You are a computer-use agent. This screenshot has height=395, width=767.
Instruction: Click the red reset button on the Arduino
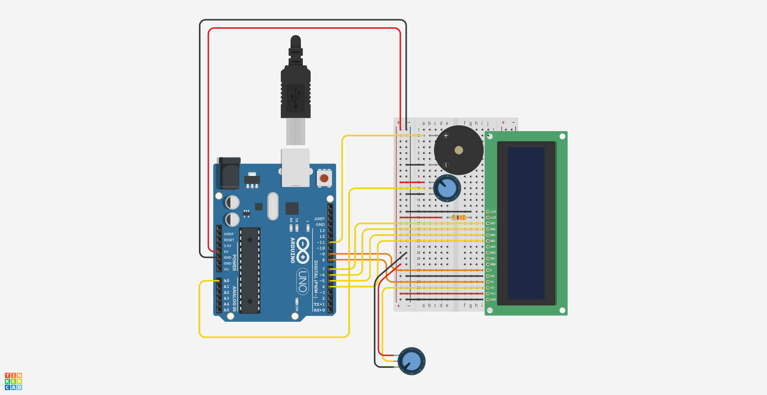(x=324, y=178)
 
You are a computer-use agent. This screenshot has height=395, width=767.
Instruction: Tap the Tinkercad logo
(x=13, y=381)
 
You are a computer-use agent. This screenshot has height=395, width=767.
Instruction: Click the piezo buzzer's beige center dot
(x=459, y=150)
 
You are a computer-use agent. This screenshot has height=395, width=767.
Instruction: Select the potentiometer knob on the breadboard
(x=447, y=188)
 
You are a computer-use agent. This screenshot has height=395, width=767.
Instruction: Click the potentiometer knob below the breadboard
(x=411, y=361)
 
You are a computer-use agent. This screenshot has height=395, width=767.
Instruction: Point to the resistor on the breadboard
(x=458, y=217)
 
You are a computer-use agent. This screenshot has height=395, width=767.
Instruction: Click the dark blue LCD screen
(x=526, y=223)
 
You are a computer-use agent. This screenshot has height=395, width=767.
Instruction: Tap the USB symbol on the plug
(x=296, y=97)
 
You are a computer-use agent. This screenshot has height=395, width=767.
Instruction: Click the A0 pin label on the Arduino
(x=227, y=281)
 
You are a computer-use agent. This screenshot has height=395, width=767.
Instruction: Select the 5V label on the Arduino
(x=226, y=251)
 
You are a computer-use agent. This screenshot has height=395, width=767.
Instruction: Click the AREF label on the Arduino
(x=320, y=219)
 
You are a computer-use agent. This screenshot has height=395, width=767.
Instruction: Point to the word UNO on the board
(x=302, y=281)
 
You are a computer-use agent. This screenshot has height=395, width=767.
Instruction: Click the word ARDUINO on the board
(x=292, y=250)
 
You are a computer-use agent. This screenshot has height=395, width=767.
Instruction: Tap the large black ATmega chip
(x=250, y=270)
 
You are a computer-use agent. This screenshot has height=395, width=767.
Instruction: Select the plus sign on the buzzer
(x=446, y=136)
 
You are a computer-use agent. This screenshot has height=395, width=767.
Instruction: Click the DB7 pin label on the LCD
(x=493, y=223)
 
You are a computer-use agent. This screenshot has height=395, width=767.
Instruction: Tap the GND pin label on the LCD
(x=493, y=299)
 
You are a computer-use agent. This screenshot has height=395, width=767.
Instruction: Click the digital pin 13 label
(x=322, y=231)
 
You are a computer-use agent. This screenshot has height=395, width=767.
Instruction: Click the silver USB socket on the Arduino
(x=295, y=168)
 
